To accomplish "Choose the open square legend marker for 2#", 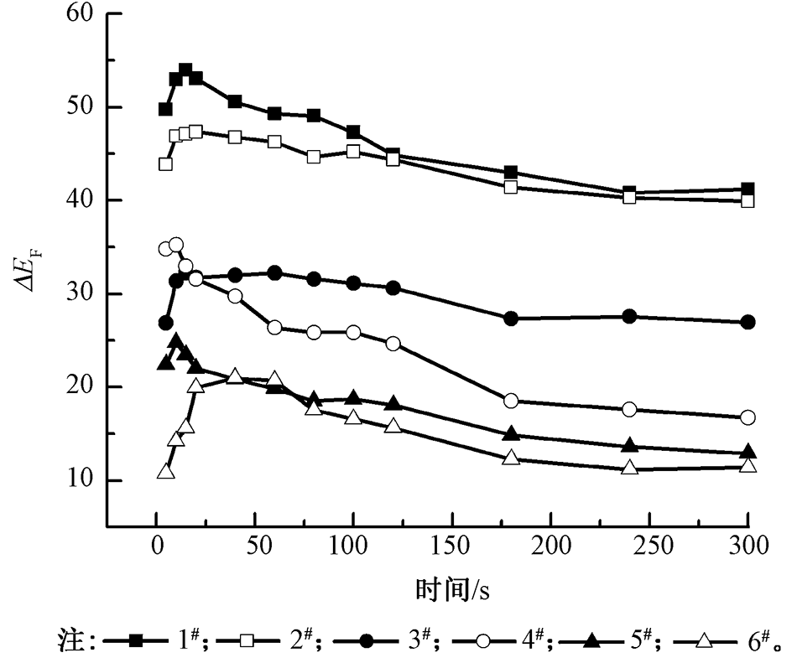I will (x=247, y=641).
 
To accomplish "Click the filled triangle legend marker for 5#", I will (x=592, y=641).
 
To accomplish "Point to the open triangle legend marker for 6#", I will (x=704, y=641).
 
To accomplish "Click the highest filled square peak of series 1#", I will (x=185, y=70).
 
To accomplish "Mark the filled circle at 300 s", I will (x=748, y=322).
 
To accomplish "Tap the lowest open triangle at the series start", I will (x=165, y=472).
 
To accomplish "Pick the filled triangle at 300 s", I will (x=748, y=452).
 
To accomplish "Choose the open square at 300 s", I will (x=748, y=201).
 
